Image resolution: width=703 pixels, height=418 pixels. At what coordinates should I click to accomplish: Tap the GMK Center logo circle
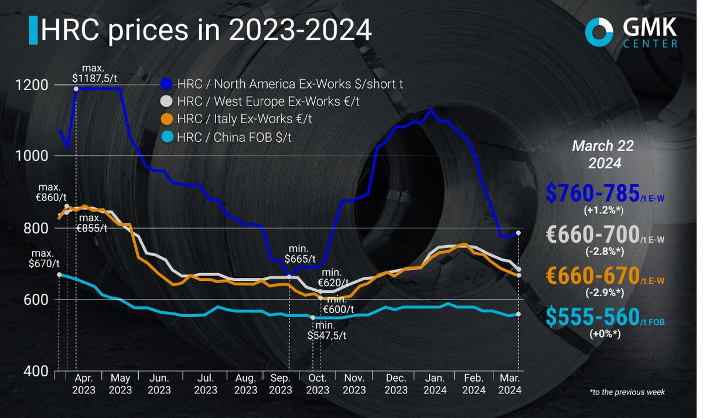coord(599,31)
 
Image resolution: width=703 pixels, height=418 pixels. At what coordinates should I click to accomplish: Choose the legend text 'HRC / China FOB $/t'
coord(234,137)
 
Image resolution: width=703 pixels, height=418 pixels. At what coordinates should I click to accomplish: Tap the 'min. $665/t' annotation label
coord(300,253)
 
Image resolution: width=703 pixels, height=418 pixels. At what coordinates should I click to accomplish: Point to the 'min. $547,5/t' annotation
coord(327,330)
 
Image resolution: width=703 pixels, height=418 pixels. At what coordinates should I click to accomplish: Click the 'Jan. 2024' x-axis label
coord(435,384)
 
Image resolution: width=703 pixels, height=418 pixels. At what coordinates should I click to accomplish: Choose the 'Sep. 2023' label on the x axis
coord(280,384)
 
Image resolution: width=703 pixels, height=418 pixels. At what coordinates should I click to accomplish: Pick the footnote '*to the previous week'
coord(627,392)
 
